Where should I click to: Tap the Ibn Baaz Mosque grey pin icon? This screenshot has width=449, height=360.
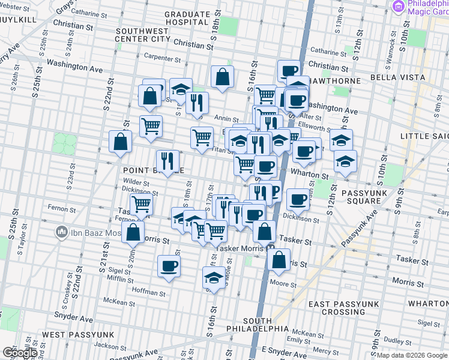point(61,232)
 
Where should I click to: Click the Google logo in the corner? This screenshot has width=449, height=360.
point(19,353)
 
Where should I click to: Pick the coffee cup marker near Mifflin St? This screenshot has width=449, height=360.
point(169,266)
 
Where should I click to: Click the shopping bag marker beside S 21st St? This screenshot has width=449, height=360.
point(121,142)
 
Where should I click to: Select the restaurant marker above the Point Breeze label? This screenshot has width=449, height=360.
point(167,160)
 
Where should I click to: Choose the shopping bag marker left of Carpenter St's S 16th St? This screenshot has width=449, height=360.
point(222,77)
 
